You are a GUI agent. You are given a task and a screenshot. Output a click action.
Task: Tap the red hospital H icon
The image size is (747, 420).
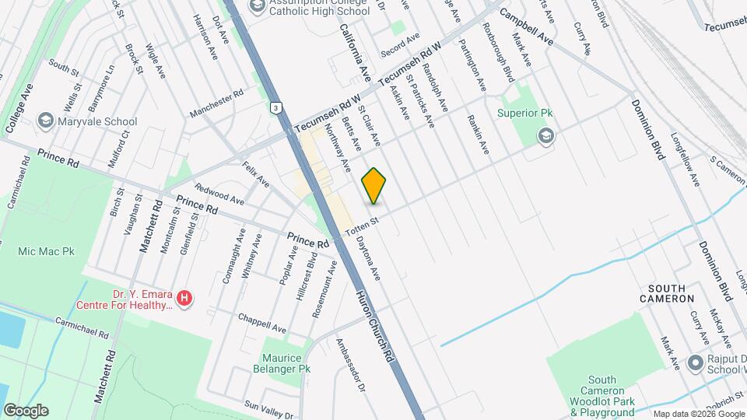click(x=184, y=298)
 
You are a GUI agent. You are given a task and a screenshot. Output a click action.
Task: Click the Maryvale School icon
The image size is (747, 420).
click(x=46, y=121)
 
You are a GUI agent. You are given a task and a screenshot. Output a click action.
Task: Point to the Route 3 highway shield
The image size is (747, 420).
click(x=275, y=107)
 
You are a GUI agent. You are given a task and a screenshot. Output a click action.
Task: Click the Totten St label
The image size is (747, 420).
click(x=361, y=224)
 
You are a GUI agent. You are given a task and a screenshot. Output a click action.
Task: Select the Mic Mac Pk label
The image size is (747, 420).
click(x=47, y=252)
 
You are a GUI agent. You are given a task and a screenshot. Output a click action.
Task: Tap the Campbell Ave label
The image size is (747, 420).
click(x=526, y=27)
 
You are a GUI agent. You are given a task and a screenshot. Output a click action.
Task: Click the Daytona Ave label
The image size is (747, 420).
click(x=368, y=257)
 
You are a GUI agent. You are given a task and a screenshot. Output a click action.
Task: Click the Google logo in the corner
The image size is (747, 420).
click(x=26, y=410)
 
